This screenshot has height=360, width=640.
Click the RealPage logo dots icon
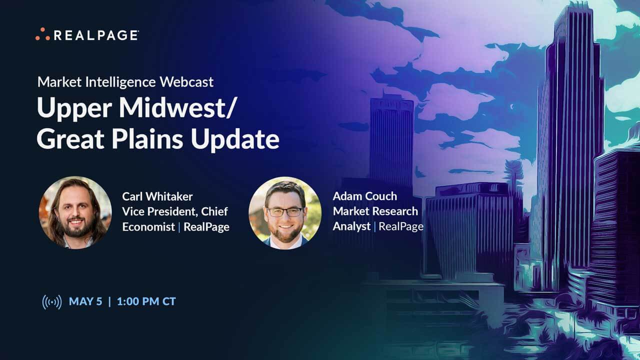click(42, 34)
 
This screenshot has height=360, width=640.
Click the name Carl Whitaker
click(157, 196)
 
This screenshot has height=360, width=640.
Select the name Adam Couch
click(364, 196)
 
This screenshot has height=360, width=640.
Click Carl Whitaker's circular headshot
click(75, 212)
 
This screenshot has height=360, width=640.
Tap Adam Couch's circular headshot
click(284, 212)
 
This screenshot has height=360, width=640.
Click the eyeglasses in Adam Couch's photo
click(284, 211)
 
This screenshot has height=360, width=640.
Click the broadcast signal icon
click(52, 302)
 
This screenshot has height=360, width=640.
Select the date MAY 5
click(85, 301)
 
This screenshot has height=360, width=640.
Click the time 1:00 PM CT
click(146, 301)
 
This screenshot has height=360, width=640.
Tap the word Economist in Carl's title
click(148, 227)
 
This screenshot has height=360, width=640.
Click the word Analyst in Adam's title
click(351, 226)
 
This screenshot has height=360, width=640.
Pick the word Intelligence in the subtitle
click(119, 82)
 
